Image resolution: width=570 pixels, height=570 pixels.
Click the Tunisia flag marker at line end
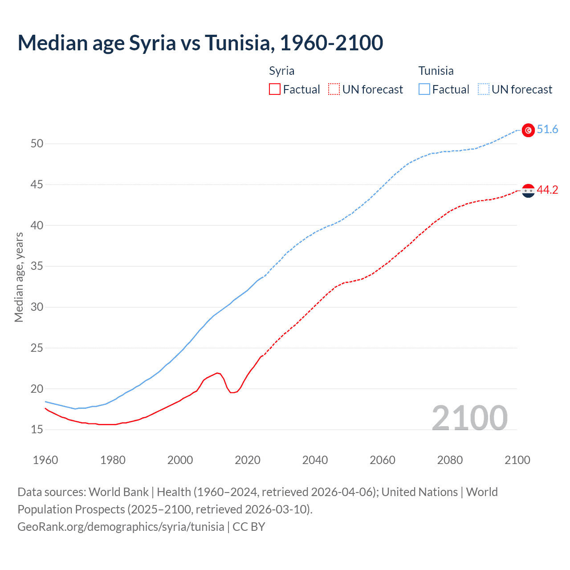tap(528, 130)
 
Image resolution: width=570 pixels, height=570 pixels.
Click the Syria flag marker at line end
tap(528, 191)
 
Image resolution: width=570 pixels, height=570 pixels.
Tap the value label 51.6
tap(547, 130)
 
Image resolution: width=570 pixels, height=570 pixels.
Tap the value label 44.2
tap(547, 190)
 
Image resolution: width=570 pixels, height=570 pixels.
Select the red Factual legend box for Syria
tap(275, 90)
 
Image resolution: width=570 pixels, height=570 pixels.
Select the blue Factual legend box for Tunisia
tap(424, 90)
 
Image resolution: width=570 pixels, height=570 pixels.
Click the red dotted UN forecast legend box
tap(334, 90)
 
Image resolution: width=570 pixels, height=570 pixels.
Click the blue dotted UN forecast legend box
tap(484, 90)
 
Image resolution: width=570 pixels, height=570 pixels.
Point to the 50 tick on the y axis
tap(37, 144)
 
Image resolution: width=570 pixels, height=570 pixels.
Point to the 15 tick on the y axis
tap(37, 430)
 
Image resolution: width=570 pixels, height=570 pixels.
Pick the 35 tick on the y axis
tap(37, 266)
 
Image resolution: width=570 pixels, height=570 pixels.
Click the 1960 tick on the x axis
tap(45, 460)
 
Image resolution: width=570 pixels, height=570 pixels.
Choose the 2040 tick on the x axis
tap(315, 460)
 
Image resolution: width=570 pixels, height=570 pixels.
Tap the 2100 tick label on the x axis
tap(517, 460)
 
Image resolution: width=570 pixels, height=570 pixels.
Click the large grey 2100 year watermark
tap(469, 418)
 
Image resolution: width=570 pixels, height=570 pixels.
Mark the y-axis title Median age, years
tap(19, 277)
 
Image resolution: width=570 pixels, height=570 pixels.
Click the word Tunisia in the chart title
tap(237, 43)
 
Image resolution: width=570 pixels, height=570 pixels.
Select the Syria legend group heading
tap(281, 71)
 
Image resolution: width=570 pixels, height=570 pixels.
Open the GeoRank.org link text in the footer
tap(121, 527)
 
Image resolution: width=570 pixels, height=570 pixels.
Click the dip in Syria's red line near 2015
tap(232, 392)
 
